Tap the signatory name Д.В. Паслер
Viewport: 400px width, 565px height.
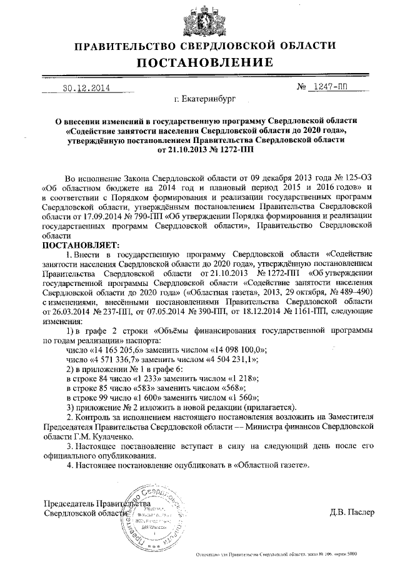tap(352, 512)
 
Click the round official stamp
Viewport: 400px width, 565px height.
tap(157, 513)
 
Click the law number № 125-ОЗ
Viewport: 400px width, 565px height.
tap(349, 178)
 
